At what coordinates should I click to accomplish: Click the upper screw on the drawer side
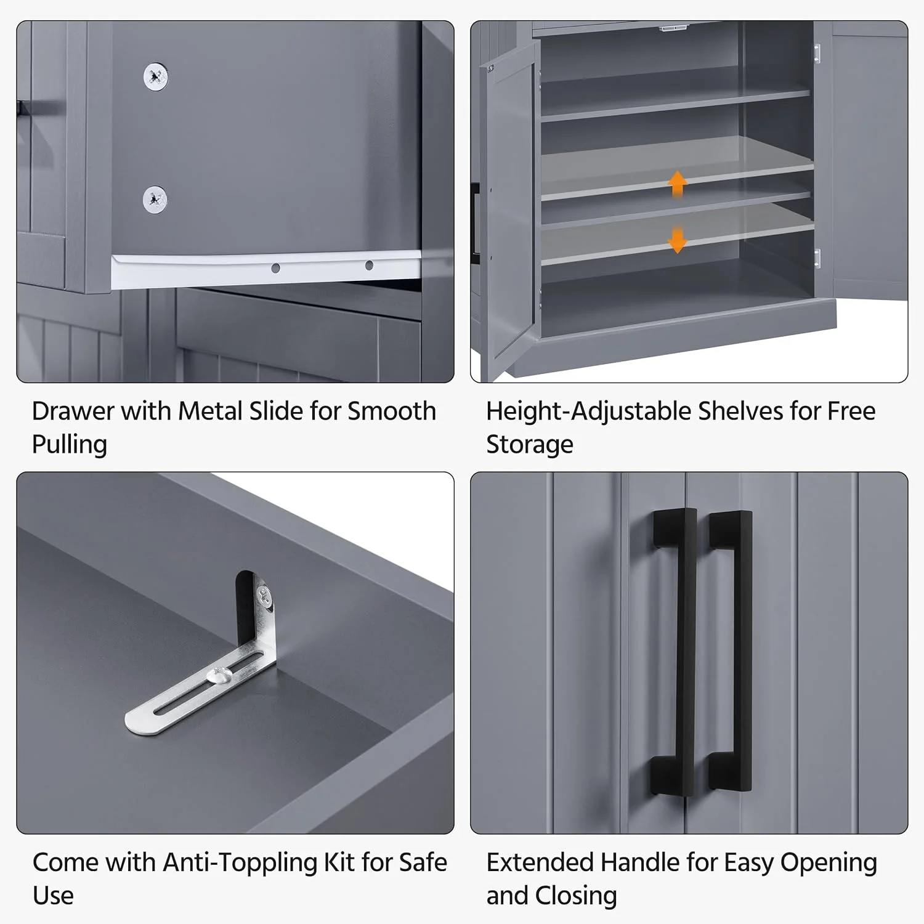coord(155,77)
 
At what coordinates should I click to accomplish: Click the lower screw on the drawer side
coord(155,199)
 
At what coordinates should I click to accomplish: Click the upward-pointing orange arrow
coord(678,184)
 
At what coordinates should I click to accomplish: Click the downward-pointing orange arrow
coord(678,240)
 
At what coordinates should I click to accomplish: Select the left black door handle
coord(675,650)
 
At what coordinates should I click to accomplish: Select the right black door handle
coord(731,650)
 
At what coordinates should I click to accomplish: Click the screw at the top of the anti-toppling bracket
coord(264,595)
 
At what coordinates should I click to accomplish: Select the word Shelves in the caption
coord(740,411)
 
